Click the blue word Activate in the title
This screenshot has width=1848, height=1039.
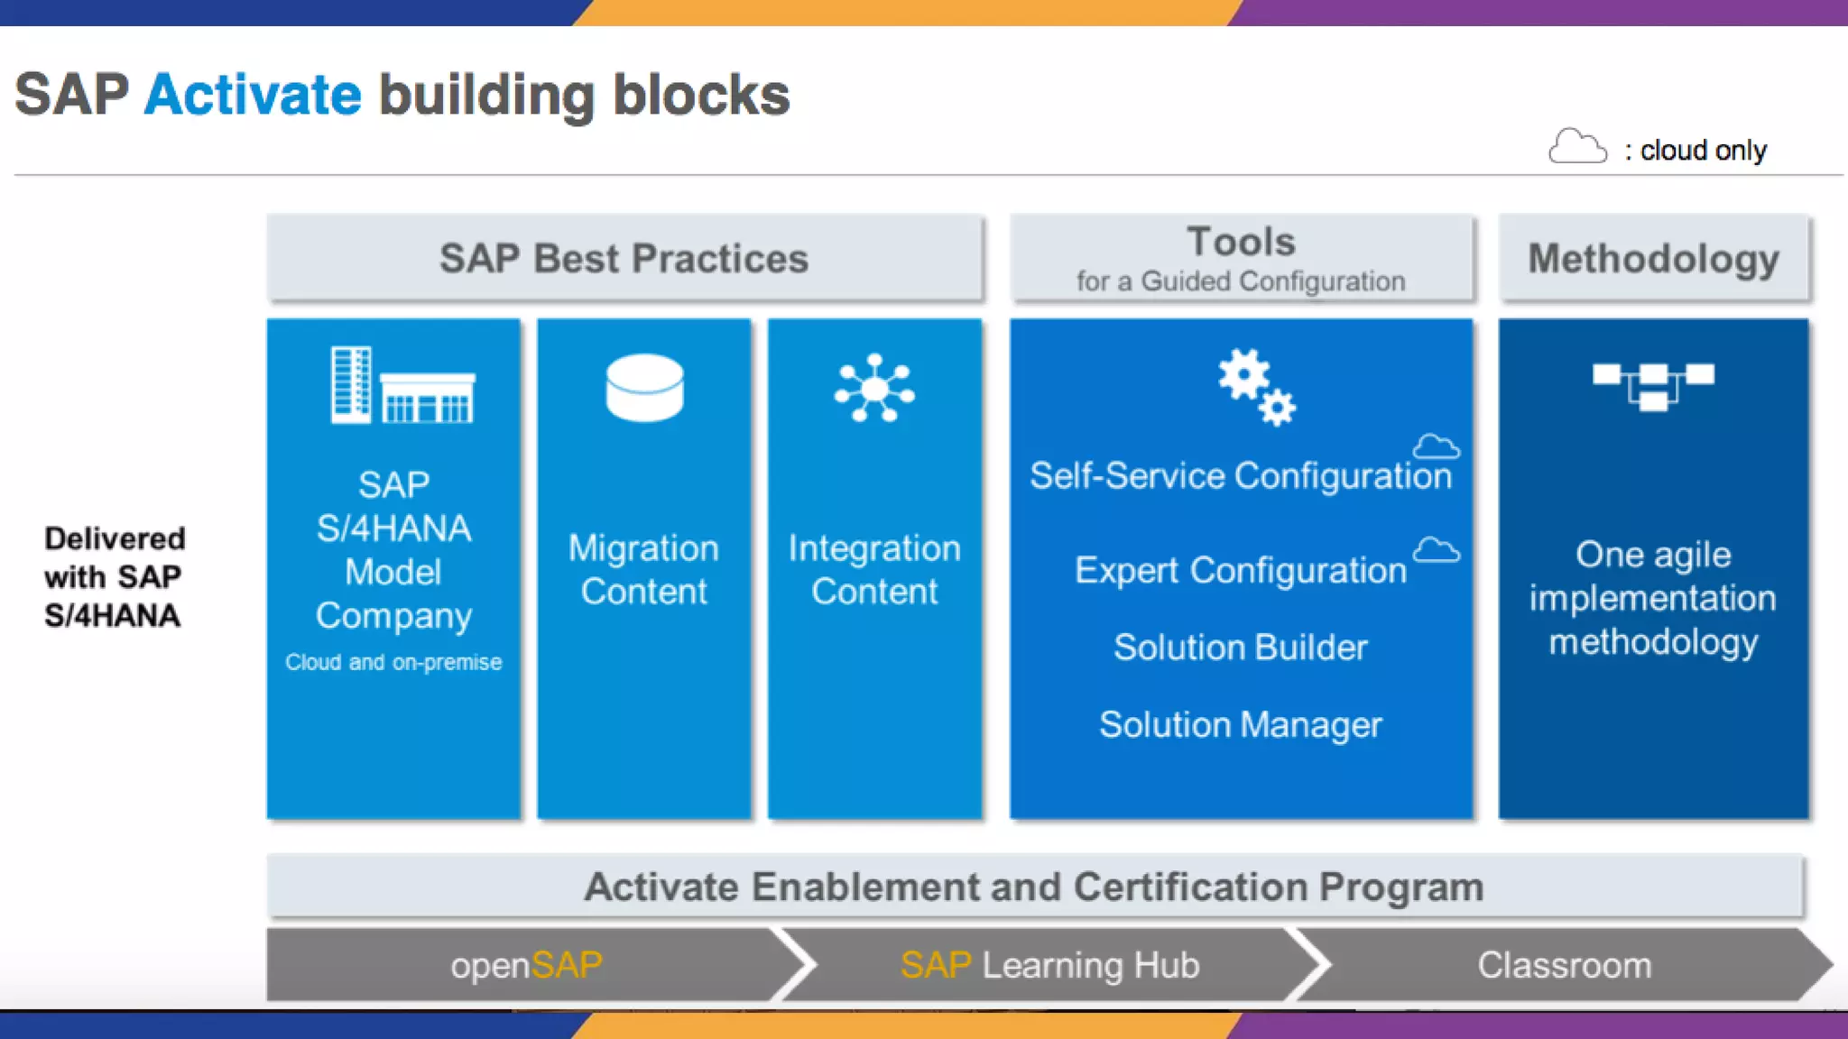point(253,94)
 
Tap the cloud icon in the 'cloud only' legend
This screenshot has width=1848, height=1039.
point(1576,146)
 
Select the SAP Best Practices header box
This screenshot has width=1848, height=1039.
point(624,258)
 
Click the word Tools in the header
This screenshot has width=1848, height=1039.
point(1241,242)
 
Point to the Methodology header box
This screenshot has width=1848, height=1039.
point(1653,258)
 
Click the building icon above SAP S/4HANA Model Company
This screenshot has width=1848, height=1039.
point(402,385)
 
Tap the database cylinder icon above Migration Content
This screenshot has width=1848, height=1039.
point(644,388)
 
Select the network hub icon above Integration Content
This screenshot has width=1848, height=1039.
point(874,389)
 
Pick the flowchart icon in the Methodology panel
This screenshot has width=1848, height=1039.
point(1653,385)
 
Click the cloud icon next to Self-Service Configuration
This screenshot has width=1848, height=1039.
point(1436,446)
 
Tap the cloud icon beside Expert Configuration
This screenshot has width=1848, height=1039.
point(1436,550)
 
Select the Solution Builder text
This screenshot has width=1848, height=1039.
point(1241,648)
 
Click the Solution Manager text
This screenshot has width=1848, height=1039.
point(1241,725)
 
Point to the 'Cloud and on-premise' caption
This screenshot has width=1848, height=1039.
point(393,663)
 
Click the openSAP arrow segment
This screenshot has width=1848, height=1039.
point(527,965)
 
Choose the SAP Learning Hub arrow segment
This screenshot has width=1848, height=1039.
point(1049,965)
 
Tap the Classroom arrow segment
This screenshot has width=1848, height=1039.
point(1564,965)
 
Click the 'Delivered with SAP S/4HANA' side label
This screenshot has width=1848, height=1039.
point(115,576)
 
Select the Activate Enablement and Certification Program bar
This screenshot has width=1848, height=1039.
point(1034,887)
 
